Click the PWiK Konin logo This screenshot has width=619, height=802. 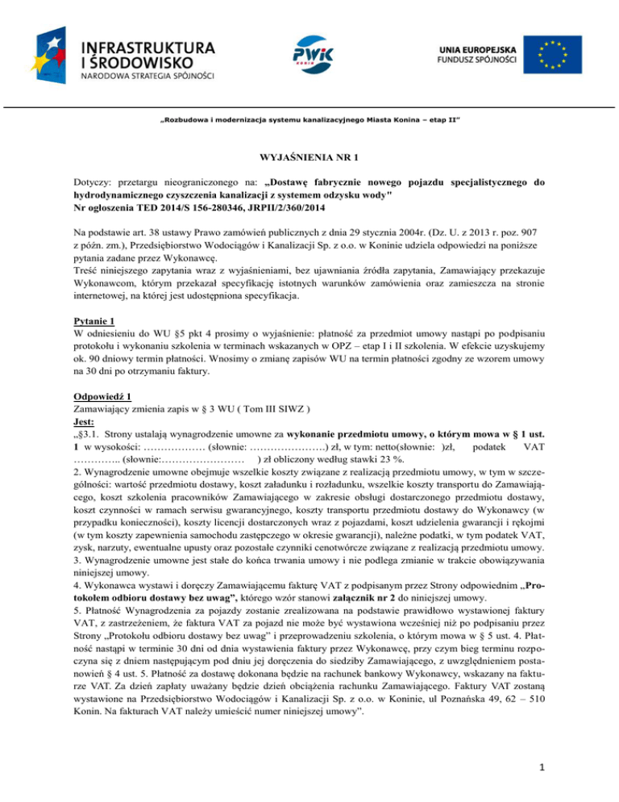(x=309, y=53)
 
